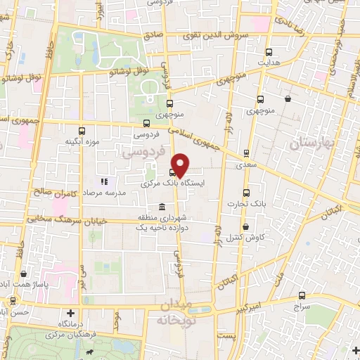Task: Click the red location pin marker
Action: pyautogui.click(x=180, y=165)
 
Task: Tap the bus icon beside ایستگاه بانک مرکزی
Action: pyautogui.click(x=172, y=172)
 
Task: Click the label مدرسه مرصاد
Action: pyautogui.click(x=105, y=192)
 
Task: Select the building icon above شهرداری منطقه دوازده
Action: pyautogui.click(x=162, y=207)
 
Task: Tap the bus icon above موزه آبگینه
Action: pyautogui.click(x=82, y=131)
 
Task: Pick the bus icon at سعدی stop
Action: pyautogui.click(x=246, y=153)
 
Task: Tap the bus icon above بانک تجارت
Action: pyautogui.click(x=245, y=192)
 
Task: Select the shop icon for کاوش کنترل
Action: pyautogui.click(x=245, y=226)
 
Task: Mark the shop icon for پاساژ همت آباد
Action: pyautogui.click(x=25, y=274)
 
